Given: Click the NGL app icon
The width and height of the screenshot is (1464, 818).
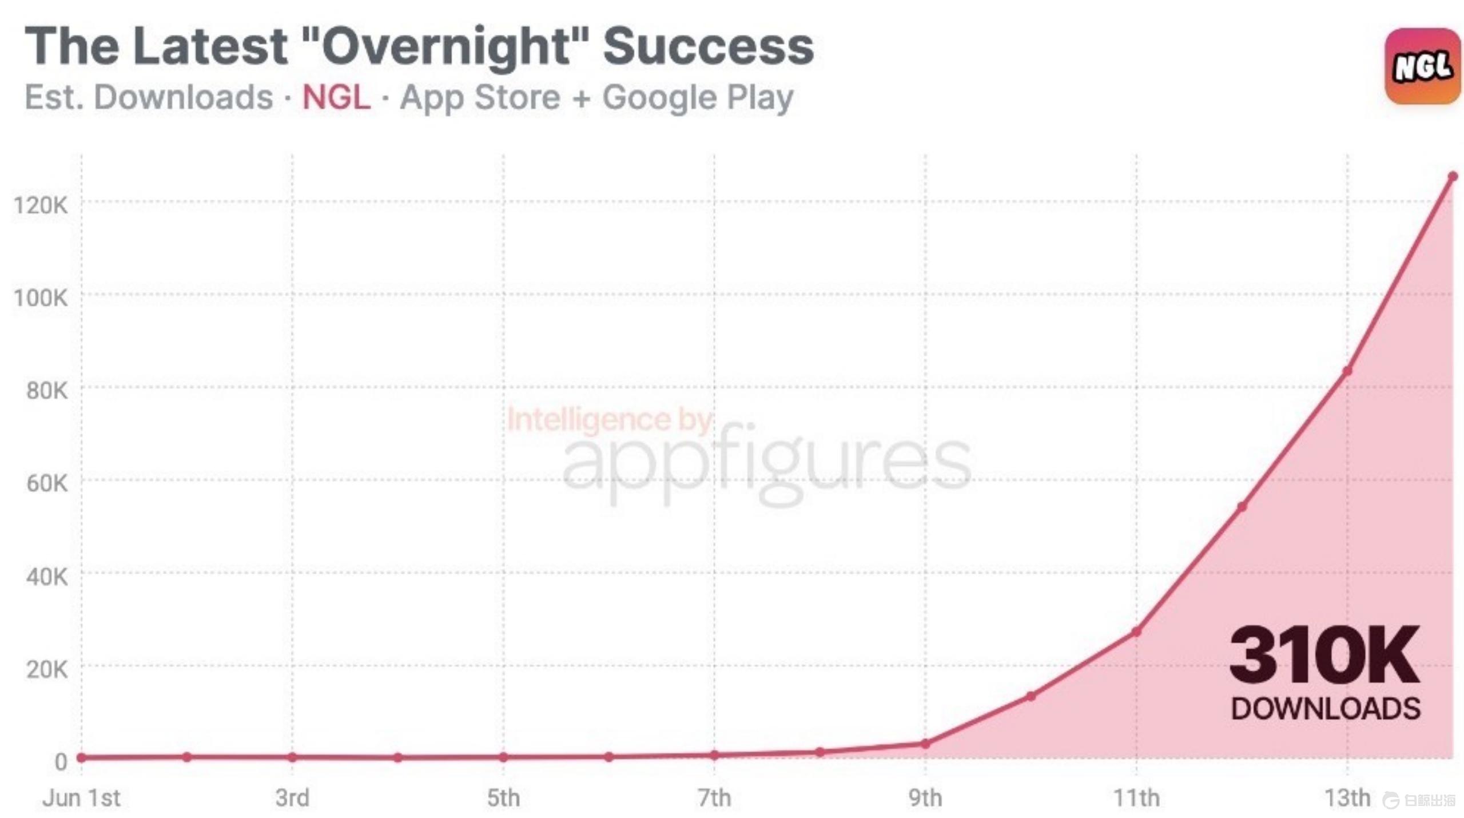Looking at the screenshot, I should pos(1422,66).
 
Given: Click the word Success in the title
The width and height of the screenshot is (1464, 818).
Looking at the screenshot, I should pos(708,47).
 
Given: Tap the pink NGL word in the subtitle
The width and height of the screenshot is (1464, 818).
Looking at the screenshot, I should pos(336,97).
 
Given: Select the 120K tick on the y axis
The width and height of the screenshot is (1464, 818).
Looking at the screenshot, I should pos(41,205).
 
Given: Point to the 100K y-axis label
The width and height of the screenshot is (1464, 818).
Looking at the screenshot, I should pos(41,298).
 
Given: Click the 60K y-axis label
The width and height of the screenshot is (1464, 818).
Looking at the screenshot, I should pos(46,483).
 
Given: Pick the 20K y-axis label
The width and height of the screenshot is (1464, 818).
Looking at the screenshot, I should pos(46,669).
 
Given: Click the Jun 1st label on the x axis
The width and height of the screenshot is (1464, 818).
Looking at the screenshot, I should pos(81,798).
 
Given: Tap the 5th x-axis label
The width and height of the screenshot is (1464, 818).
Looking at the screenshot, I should pos(503,798).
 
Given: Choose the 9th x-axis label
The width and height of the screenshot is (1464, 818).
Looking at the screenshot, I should pos(925,798).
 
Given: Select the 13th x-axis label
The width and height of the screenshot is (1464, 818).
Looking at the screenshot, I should pos(1347,798).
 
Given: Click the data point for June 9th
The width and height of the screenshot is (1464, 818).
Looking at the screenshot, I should pos(925,744).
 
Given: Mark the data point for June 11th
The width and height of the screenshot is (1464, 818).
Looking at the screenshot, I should pos(1136,632).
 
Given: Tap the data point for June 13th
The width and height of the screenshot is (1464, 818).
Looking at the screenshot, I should pos(1347,371).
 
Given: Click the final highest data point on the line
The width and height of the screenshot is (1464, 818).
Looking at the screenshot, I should pos(1453,177).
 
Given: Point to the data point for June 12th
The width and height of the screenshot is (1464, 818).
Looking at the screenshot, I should pos(1242,506).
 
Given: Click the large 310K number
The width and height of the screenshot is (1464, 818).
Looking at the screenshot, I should pos(1324,655).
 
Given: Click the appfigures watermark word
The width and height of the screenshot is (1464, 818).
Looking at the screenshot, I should pos(766,463).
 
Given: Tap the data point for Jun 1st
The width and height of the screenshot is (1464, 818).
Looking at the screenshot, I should pos(81,757).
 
